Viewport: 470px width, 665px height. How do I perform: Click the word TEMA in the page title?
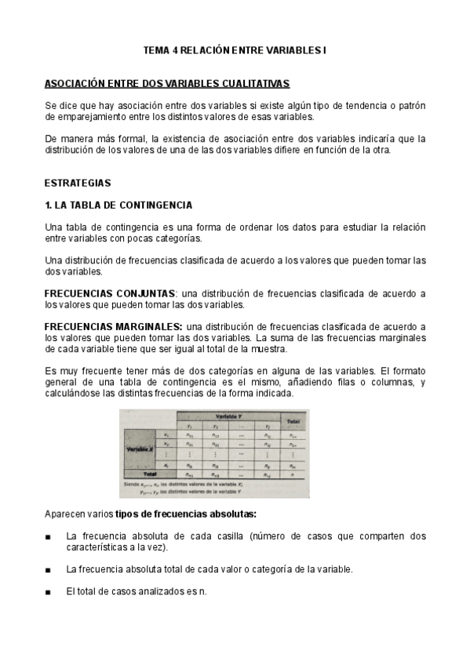point(155,50)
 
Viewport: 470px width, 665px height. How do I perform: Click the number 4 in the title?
point(175,50)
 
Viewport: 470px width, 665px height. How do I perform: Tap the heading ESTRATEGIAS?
point(78,183)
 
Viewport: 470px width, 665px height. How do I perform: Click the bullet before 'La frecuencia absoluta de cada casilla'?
point(49,536)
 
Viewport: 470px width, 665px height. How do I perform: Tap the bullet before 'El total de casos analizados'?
point(49,591)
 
